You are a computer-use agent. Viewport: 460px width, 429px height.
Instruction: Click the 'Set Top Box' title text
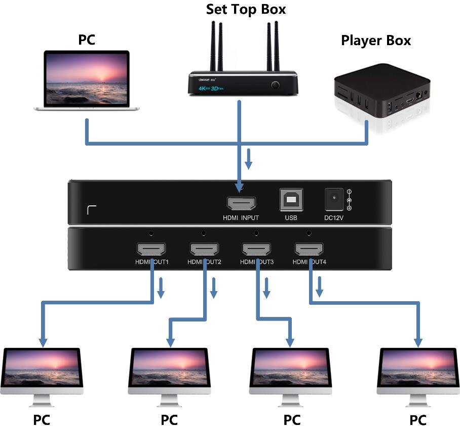246,9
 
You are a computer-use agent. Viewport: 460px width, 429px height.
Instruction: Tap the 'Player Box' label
375,40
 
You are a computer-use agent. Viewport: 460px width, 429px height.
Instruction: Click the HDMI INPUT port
241,203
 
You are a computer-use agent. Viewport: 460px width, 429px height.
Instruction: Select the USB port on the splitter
291,200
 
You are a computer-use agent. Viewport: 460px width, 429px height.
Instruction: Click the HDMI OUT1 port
151,249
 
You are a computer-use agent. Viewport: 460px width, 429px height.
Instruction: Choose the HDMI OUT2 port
204,249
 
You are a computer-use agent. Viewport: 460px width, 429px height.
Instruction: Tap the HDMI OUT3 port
257,249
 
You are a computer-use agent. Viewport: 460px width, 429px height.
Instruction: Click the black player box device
382,96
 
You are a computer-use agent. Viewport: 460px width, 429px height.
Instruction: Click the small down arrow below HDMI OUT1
161,289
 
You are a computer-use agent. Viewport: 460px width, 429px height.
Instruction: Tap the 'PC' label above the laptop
86,40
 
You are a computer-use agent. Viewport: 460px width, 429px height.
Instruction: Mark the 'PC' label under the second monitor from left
169,420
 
